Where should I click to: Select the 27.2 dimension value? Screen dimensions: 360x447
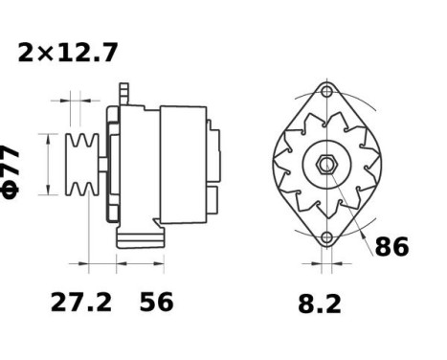(x=81, y=303)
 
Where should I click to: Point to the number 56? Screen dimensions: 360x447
(x=156, y=303)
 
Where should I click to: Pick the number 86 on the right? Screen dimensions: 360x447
(x=391, y=247)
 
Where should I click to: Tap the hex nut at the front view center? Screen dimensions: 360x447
(x=326, y=165)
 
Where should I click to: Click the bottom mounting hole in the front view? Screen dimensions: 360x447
(x=326, y=236)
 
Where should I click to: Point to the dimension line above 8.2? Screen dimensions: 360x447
(x=326, y=261)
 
